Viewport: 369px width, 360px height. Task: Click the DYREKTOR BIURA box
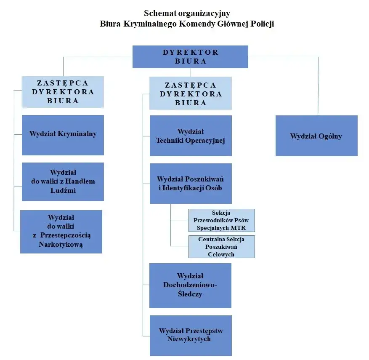[190, 57]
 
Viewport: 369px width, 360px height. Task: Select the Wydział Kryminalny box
[63, 134]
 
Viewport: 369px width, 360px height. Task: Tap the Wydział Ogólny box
[316, 136]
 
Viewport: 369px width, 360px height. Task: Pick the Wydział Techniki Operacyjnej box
[190, 136]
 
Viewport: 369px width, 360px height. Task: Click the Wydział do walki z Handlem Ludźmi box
[63, 181]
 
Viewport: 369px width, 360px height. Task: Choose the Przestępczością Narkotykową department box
[61, 231]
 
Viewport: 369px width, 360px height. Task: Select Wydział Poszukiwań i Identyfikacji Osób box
[190, 184]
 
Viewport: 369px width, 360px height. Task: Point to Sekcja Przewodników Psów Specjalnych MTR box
[221, 220]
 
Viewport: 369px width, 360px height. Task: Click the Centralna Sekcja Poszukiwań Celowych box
[221, 247]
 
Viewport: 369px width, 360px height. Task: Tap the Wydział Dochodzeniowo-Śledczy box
[190, 285]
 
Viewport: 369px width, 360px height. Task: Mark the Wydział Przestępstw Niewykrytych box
[190, 335]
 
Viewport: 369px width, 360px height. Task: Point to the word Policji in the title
[263, 24]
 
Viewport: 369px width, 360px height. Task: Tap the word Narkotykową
[61, 244]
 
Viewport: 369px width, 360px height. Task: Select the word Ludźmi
[62, 190]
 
